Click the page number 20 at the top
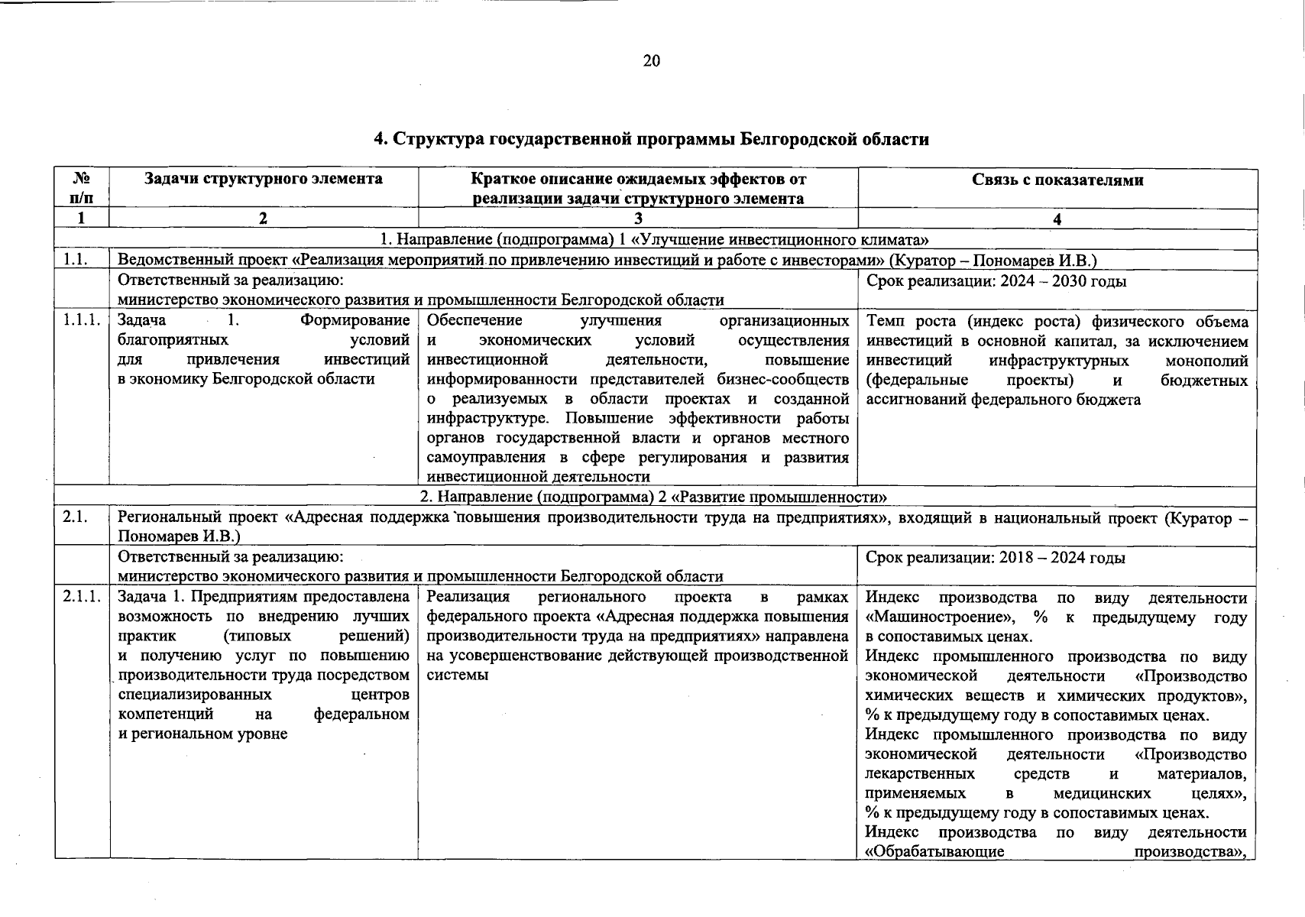pyautogui.click(x=651, y=61)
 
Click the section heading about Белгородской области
pyautogui.click(x=651, y=139)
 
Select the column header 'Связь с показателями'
pyautogui.click(x=1057, y=180)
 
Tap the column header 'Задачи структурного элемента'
pyautogui.click(x=264, y=180)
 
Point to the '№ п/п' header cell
pyautogui.click(x=81, y=188)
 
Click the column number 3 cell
pyautogui.click(x=637, y=219)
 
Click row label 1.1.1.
pyautogui.click(x=82, y=321)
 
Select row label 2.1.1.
pyautogui.click(x=82, y=598)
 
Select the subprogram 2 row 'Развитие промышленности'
pyautogui.click(x=655, y=497)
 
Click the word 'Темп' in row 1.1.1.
pyautogui.click(x=883, y=322)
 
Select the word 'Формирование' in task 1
pyautogui.click(x=355, y=321)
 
